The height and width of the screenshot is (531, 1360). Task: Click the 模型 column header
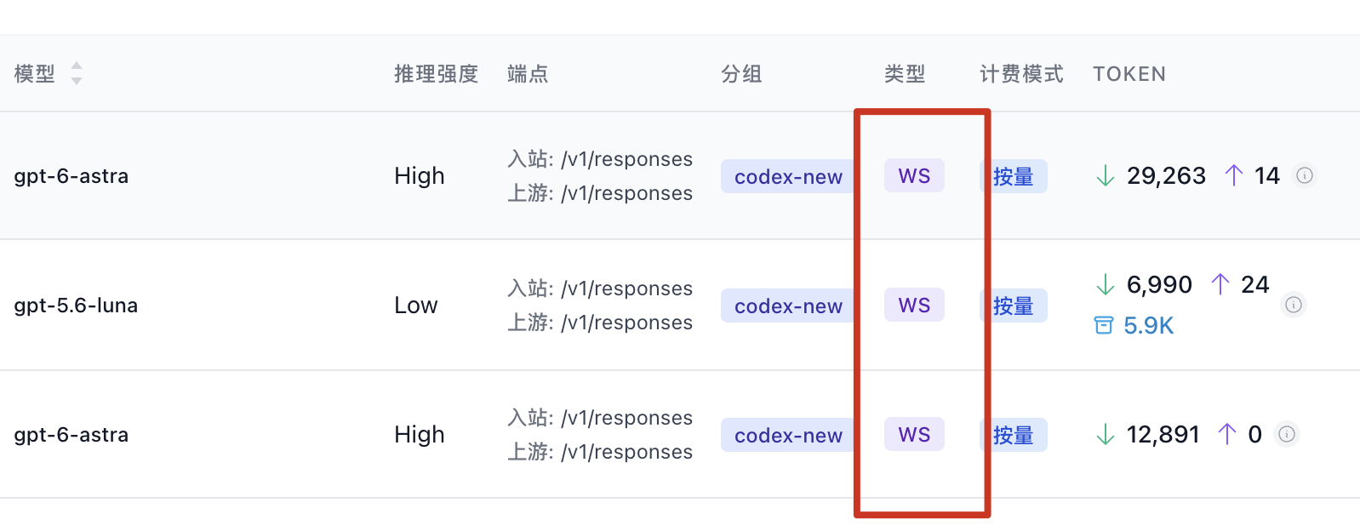tap(35, 74)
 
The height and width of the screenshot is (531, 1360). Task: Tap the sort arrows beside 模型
tap(77, 73)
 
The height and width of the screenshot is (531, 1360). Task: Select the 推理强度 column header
tap(437, 74)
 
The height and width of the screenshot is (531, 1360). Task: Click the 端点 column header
tap(528, 74)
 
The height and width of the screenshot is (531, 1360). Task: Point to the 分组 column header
tap(741, 74)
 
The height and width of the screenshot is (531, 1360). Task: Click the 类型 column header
tap(905, 74)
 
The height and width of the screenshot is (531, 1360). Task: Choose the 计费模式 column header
tap(1022, 74)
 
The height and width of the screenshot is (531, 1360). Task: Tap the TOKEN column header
tap(1129, 74)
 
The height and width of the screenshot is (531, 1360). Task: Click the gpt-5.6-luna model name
tap(76, 305)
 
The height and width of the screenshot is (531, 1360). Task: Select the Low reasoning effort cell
tap(416, 305)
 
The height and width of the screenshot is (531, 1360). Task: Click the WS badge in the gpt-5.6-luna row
tap(914, 305)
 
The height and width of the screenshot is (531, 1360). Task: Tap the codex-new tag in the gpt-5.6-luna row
tap(788, 305)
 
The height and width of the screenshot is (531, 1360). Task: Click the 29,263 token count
tap(1166, 176)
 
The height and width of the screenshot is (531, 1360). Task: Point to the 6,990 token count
tap(1160, 284)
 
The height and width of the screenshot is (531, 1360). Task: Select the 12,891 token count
tap(1163, 435)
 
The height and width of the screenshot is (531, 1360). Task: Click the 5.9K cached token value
tap(1149, 326)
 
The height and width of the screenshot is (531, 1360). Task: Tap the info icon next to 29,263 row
tap(1305, 175)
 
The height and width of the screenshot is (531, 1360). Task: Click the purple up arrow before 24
tap(1220, 284)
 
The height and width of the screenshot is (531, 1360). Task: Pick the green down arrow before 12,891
tap(1106, 435)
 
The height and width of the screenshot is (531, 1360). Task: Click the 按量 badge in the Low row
tap(1014, 305)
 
